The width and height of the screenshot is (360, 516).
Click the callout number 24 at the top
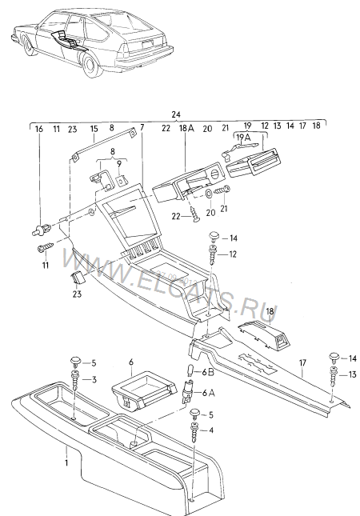[176, 114]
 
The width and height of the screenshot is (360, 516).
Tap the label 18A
[186, 128]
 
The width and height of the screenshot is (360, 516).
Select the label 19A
[243, 137]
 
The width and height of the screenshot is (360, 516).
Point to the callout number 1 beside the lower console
[66, 462]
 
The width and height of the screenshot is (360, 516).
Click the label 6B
[208, 372]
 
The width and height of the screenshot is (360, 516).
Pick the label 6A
[208, 393]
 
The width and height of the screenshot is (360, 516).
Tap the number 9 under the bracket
[119, 163]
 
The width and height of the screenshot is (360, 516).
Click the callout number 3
[94, 380]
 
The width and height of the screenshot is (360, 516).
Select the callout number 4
[211, 430]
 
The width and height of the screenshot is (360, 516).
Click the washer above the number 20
[209, 194]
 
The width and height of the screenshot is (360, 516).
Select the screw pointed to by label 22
[195, 215]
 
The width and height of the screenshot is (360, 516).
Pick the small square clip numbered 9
[121, 180]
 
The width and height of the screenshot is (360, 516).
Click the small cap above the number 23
[78, 278]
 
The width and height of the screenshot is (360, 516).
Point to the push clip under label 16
[42, 229]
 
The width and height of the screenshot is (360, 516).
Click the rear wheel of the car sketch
[90, 66]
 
